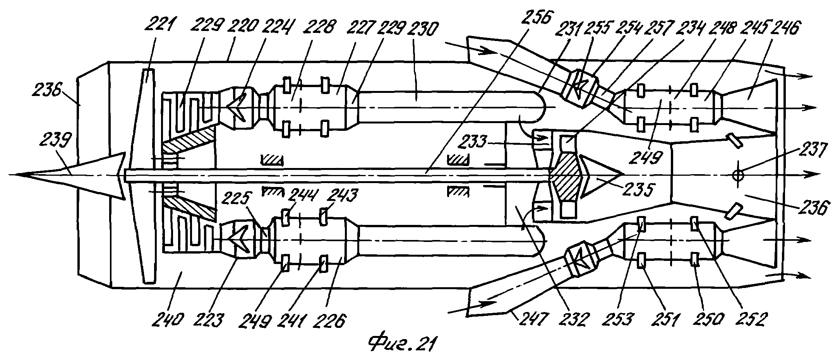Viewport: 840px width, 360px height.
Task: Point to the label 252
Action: (x=752, y=320)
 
